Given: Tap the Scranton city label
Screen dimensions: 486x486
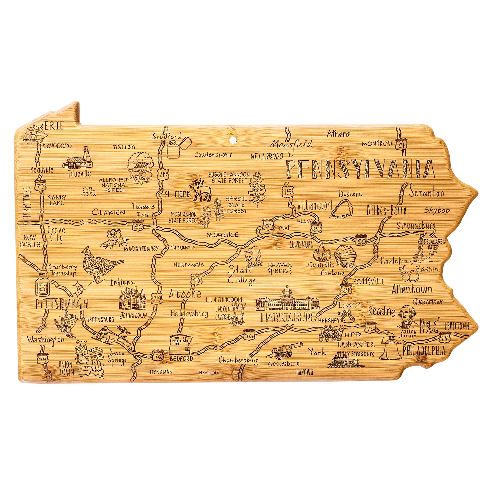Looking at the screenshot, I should tap(426, 193).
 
